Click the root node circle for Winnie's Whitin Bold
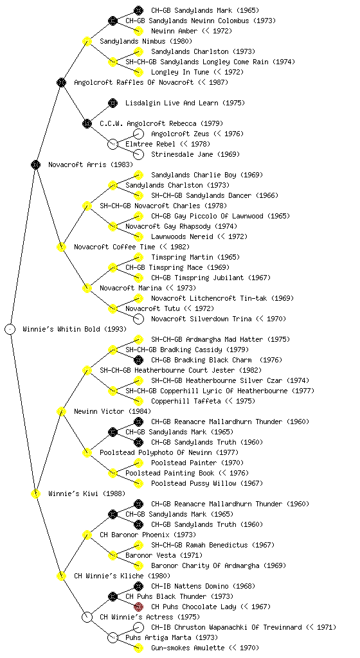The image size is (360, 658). coord(10,329)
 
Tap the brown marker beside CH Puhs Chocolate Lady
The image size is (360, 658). coord(138,607)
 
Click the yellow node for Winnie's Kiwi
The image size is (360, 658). coord(35,493)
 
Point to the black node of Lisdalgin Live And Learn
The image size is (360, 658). coord(113,103)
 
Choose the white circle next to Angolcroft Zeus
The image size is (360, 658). coord(138,134)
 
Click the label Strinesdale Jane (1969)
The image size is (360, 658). coord(195,154)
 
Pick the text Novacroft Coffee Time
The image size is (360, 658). coord(114,247)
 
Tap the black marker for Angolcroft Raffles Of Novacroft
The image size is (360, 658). coord(61,82)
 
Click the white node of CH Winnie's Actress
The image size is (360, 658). coord(87,617)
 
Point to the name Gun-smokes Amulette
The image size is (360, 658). coord(188,648)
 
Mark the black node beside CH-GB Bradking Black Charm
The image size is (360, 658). coord(138,360)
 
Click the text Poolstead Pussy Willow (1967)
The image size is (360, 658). coord(207,483)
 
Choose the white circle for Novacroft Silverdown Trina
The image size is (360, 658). coord(138,319)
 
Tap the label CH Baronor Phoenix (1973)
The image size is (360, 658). coord(148,535)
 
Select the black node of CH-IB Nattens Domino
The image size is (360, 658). coord(138,586)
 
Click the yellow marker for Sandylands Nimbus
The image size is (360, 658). coord(87,41)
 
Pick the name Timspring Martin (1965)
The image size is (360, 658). coord(195,257)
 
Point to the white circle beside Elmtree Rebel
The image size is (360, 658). coord(113,144)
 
